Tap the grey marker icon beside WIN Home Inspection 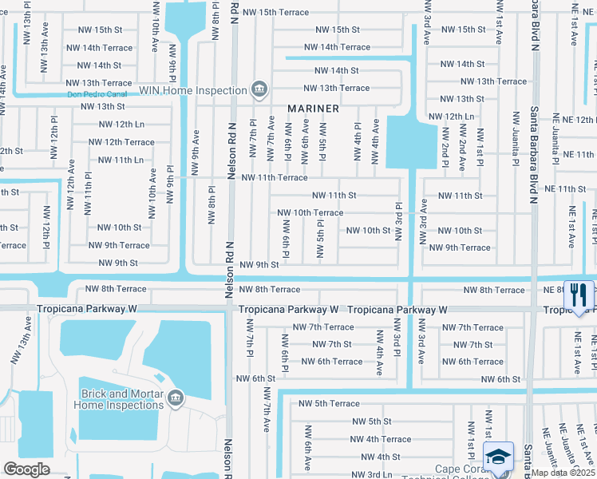[x=259, y=89]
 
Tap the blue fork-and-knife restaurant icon [x=579, y=296]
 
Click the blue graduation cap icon [x=498, y=458]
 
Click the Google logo [x=26, y=469]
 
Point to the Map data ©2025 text [x=563, y=473]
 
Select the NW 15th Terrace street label [x=275, y=13]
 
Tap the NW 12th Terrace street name [x=121, y=142]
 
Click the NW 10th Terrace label [x=310, y=213]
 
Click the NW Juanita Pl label [x=516, y=133]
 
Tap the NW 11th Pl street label [x=89, y=195]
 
